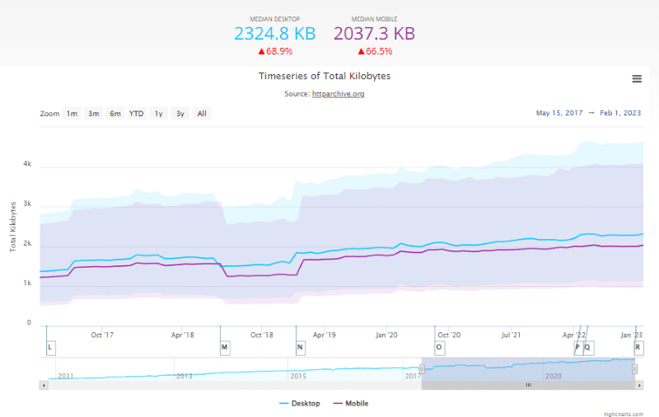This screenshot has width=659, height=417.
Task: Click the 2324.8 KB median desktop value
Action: pyautogui.click(x=274, y=34)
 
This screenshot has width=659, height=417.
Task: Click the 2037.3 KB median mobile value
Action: pyautogui.click(x=374, y=34)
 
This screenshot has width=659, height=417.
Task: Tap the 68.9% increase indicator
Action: pyautogui.click(x=274, y=51)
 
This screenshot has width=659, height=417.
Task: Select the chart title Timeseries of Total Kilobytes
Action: pyautogui.click(x=325, y=76)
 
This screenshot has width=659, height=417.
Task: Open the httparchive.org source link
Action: pyautogui.click(x=338, y=94)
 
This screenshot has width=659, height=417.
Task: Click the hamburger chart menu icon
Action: pyautogui.click(x=637, y=78)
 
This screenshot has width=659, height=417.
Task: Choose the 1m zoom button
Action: pyautogui.click(x=72, y=114)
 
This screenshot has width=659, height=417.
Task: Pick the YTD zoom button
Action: pyautogui.click(x=136, y=114)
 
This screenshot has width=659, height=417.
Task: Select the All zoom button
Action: pyautogui.click(x=201, y=114)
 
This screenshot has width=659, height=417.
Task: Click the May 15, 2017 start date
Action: pyautogui.click(x=559, y=113)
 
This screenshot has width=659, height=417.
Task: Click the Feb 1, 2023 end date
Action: pyautogui.click(x=620, y=113)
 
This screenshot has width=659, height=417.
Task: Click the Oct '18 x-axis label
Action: pyautogui.click(x=261, y=335)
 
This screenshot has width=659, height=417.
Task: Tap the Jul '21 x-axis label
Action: pyautogui.click(x=511, y=335)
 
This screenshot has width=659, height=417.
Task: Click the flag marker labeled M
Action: pyautogui.click(x=224, y=348)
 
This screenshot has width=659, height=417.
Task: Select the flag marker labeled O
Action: pyautogui.click(x=438, y=348)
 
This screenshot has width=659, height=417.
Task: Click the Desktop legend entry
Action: pyautogui.click(x=301, y=403)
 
